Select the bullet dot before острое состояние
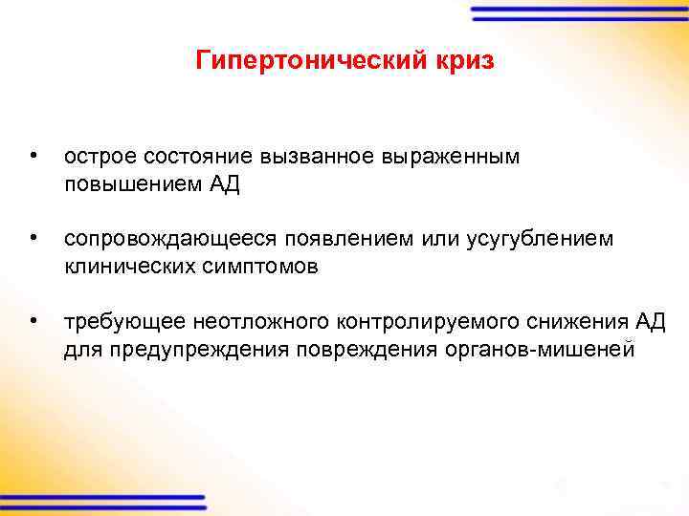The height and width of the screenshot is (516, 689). tap(33, 155)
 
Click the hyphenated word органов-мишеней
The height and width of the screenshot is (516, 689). tap(539, 350)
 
